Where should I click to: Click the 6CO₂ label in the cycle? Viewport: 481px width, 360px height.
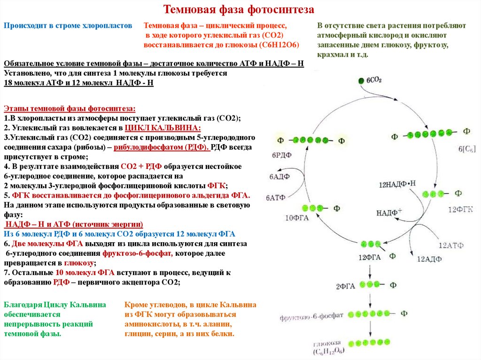pos(374,80)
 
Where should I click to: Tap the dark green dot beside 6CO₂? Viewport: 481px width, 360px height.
pos(361,80)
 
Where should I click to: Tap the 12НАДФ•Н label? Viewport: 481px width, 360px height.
pos(398,184)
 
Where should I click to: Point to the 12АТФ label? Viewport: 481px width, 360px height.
pos(451,245)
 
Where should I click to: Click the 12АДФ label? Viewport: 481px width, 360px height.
pos(427,259)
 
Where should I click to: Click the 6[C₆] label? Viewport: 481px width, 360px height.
pos(467,149)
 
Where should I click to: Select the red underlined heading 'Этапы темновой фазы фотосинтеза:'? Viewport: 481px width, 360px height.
pos(70,108)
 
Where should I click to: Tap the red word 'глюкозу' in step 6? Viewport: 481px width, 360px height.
pos(79,263)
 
